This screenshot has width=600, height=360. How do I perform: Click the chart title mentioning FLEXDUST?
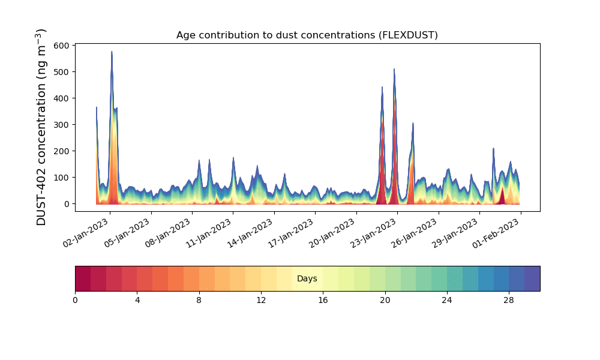[307, 35]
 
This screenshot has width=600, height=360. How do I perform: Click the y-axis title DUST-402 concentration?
[41, 127]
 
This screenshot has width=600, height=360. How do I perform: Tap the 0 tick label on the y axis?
[67, 204]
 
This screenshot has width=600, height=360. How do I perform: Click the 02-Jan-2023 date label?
[86, 233]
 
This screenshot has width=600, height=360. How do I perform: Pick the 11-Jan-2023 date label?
[209, 233]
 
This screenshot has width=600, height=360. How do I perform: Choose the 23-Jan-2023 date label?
[373, 233]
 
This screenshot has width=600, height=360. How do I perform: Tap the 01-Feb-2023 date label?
[496, 233]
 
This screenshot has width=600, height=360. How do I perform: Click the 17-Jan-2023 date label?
[291, 233]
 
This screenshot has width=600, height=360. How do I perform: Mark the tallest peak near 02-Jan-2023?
[112, 51]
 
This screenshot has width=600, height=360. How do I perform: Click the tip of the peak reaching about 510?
[394, 69]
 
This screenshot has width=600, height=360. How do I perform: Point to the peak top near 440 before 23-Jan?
[382, 87]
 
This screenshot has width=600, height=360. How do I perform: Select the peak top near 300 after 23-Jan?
[413, 123]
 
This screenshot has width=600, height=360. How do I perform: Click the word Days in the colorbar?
[307, 278]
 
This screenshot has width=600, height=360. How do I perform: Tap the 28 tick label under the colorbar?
[509, 301]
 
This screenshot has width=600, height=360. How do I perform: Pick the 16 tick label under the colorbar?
[323, 301]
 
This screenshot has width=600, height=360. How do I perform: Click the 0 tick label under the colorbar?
[75, 301]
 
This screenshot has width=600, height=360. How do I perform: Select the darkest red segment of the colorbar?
[83, 278]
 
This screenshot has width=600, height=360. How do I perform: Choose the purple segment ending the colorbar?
[532, 278]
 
